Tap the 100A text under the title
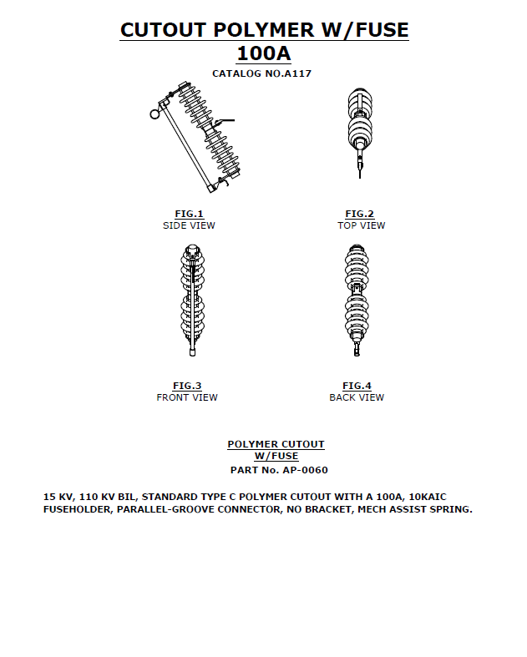264,54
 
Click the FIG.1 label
189,215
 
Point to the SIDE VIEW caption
189,225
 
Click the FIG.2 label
360,215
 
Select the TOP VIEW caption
361,225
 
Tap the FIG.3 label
187,386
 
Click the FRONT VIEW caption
187,397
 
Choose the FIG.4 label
357,386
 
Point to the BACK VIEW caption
357,397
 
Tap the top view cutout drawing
360,129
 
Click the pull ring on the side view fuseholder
155,114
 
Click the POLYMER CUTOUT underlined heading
276,444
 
